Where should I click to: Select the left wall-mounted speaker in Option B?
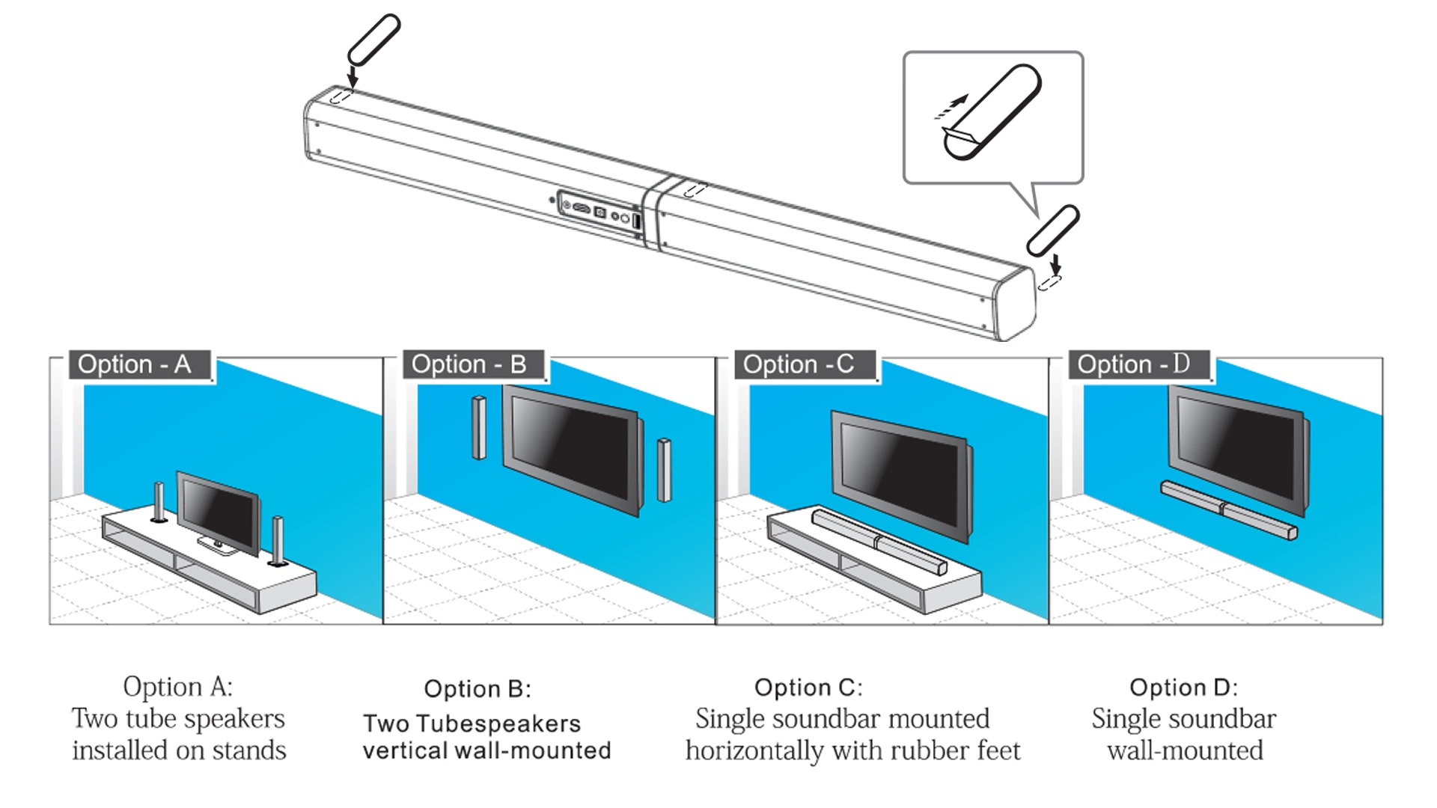click(479, 428)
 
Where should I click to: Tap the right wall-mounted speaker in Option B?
click(663, 470)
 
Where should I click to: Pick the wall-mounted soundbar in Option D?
click(1227, 510)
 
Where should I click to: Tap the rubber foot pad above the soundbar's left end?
click(373, 39)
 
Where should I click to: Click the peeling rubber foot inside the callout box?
click(991, 112)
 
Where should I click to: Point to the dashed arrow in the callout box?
click(951, 107)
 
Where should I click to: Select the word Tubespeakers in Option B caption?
click(498, 724)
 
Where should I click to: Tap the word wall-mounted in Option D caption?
click(1185, 750)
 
